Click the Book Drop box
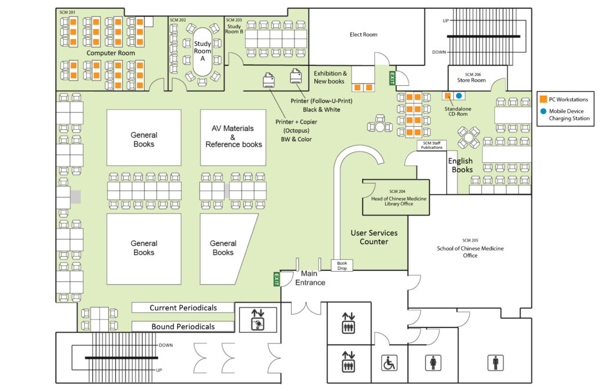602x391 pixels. tap(342, 265)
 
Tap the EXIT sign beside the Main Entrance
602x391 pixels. tap(276, 279)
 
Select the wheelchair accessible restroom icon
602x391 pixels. tap(389, 363)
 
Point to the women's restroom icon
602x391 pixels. tap(433, 363)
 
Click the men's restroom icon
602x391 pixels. tap(494, 363)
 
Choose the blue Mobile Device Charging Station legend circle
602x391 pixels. tap(544, 111)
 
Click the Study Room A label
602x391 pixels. tap(203, 51)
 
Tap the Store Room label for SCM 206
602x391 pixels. tap(471, 81)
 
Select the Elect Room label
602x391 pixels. tap(363, 35)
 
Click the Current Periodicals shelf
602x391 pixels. tap(183, 308)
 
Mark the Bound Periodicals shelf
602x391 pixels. tap(183, 326)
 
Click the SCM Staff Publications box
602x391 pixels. tap(432, 145)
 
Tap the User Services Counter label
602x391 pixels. tap(374, 237)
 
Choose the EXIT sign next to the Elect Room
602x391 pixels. tap(391, 78)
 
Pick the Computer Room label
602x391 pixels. tap(111, 53)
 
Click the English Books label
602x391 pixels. tap(461, 165)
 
